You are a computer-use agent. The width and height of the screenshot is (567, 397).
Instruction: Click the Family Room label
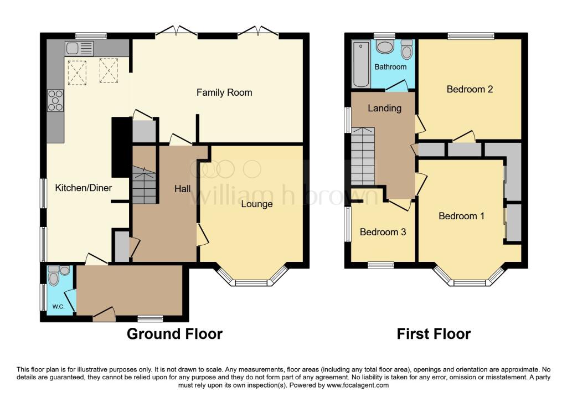point(224,92)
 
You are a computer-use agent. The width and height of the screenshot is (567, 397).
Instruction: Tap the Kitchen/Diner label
point(84,188)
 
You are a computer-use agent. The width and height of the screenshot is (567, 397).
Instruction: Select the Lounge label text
point(257,204)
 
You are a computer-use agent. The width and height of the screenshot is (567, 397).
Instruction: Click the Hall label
point(183,189)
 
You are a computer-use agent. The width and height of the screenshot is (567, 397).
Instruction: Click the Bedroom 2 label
point(470,89)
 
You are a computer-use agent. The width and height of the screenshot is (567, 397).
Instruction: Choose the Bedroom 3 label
point(383,232)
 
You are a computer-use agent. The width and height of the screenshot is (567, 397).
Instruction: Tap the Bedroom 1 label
point(461,216)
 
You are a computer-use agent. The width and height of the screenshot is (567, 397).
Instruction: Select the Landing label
point(384,108)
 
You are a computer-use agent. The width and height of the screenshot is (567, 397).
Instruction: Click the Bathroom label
point(390,67)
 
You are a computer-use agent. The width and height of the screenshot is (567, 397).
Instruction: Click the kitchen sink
point(73,48)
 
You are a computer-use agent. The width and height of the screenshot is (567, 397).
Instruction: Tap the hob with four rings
point(55,100)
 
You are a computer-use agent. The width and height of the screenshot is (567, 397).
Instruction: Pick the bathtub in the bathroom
point(360,64)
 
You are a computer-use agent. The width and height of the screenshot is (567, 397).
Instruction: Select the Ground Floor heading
point(174,334)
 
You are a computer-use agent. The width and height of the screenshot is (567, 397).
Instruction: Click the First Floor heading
point(434,334)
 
